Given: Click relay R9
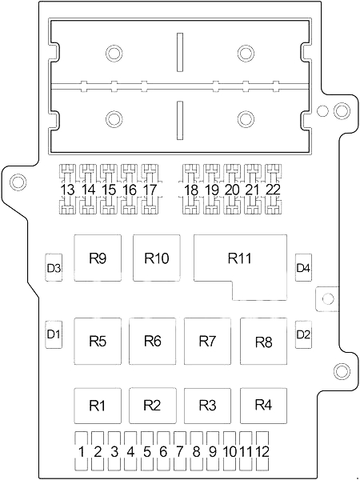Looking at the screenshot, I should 97,258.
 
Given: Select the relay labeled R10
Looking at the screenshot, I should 157,258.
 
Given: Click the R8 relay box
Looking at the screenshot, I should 263,341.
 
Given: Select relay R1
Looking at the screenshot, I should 97,405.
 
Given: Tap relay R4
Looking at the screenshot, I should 263,405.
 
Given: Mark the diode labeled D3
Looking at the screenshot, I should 54,267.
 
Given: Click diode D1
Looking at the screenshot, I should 54,333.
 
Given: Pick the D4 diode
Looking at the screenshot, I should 303,267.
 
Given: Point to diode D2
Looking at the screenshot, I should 303,333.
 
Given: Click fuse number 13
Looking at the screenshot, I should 68,190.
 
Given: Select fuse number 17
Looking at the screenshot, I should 150,190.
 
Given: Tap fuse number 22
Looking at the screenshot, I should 273,190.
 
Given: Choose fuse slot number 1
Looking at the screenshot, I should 82,451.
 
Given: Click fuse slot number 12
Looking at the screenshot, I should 262,451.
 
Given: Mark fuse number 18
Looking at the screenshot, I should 190,190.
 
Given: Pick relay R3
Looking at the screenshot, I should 207,405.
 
